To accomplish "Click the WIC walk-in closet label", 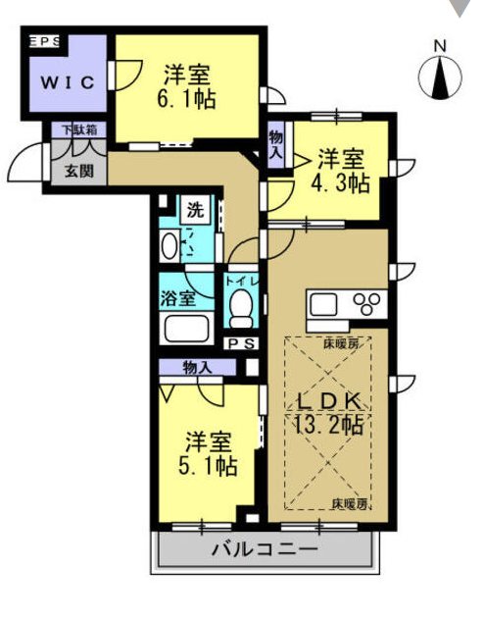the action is [68, 82].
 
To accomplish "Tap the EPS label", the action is [45, 41].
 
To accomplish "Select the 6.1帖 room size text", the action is [186, 99].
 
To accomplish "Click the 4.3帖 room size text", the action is [340, 182].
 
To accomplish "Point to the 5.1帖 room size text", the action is [208, 466].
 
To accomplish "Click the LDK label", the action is [329, 402].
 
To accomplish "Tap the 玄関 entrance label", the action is [79, 171].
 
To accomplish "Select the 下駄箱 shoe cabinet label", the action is [79, 129].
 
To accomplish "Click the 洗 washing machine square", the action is [195, 210].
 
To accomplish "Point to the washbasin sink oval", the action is [170, 246].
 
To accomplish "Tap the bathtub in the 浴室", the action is [186, 328].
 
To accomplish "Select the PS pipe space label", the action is [242, 344].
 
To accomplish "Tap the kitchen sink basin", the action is [323, 305].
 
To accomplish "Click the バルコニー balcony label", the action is [265, 549].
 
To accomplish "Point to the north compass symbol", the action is [440, 77].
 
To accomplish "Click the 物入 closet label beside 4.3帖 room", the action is [276, 145].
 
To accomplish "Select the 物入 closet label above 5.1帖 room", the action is [198, 368].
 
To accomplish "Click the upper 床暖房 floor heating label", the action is [342, 344].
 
